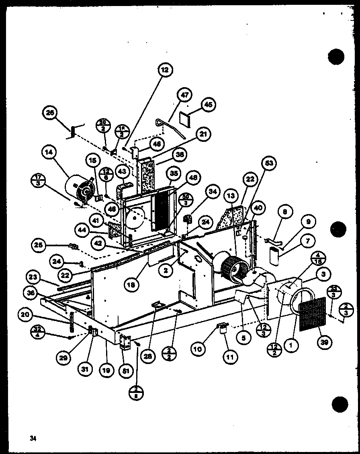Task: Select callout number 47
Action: pyautogui.click(x=184, y=96)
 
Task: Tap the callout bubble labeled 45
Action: pyautogui.click(x=208, y=104)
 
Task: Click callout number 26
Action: pyautogui.click(x=51, y=114)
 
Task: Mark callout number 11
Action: pyautogui.click(x=232, y=356)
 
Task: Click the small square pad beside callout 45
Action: pyautogui.click(x=186, y=119)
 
